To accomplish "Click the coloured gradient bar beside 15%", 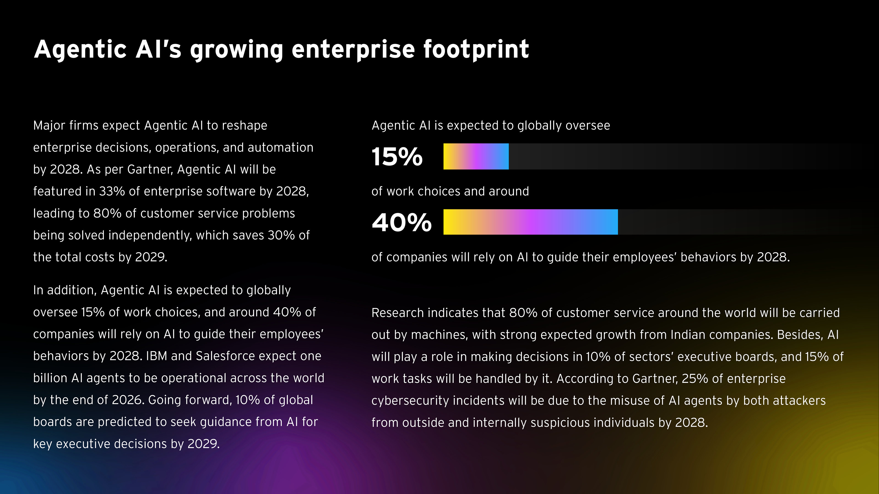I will point(476,156).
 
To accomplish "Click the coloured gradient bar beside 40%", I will point(530,222).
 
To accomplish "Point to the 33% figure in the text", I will point(112,191).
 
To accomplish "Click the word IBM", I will point(156,356).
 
